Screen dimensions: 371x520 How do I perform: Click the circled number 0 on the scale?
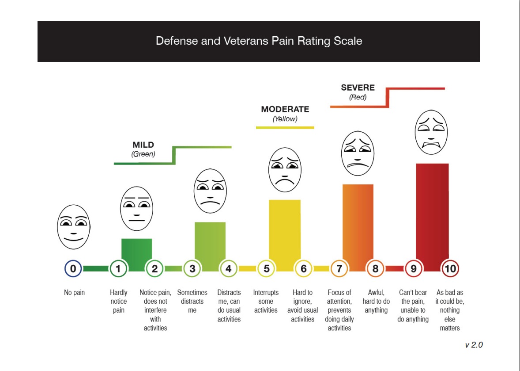coord(73,268)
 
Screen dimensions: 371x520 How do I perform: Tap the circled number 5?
coord(267,268)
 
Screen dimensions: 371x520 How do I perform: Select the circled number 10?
coord(451,268)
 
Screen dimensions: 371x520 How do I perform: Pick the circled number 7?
coord(339,268)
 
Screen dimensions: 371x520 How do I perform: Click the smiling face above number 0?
coord(73,226)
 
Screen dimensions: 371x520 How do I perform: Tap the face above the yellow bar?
coord(285,170)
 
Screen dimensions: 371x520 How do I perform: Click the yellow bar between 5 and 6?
coord(285,230)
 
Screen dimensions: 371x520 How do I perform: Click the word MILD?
coord(143,145)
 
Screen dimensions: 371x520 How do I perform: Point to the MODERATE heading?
coord(285,109)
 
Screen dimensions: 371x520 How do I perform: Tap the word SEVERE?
coord(358,88)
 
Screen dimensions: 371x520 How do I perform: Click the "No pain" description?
coord(74,292)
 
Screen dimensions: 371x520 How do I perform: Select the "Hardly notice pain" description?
coord(119,301)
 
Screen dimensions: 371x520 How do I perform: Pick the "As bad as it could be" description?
coord(450,310)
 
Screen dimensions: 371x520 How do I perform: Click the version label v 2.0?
coord(474,344)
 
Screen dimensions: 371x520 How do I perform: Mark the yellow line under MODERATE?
coord(285,128)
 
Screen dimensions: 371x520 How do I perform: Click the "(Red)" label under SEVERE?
coord(358,97)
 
